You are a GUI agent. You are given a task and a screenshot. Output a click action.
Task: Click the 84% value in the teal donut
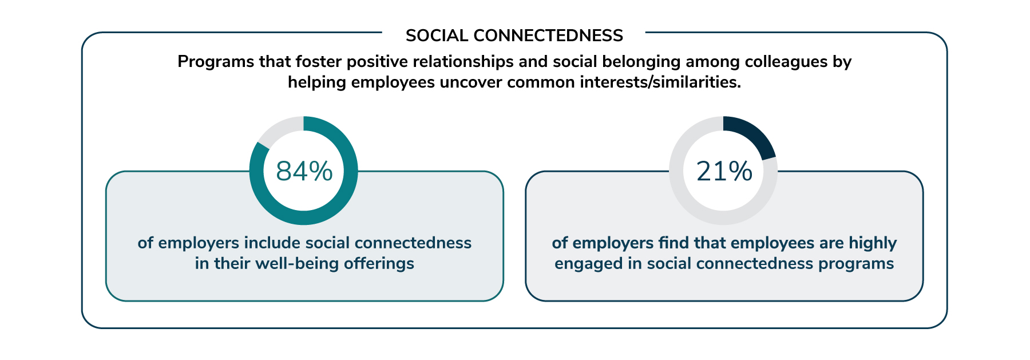(304, 171)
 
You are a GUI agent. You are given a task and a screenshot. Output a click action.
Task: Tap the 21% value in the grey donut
(724, 171)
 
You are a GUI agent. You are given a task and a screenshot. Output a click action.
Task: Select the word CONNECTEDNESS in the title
(548, 35)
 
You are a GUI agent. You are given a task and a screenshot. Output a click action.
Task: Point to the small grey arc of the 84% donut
(279, 129)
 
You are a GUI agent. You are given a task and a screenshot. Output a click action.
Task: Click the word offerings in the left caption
(379, 264)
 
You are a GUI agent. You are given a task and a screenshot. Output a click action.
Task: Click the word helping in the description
(317, 82)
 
